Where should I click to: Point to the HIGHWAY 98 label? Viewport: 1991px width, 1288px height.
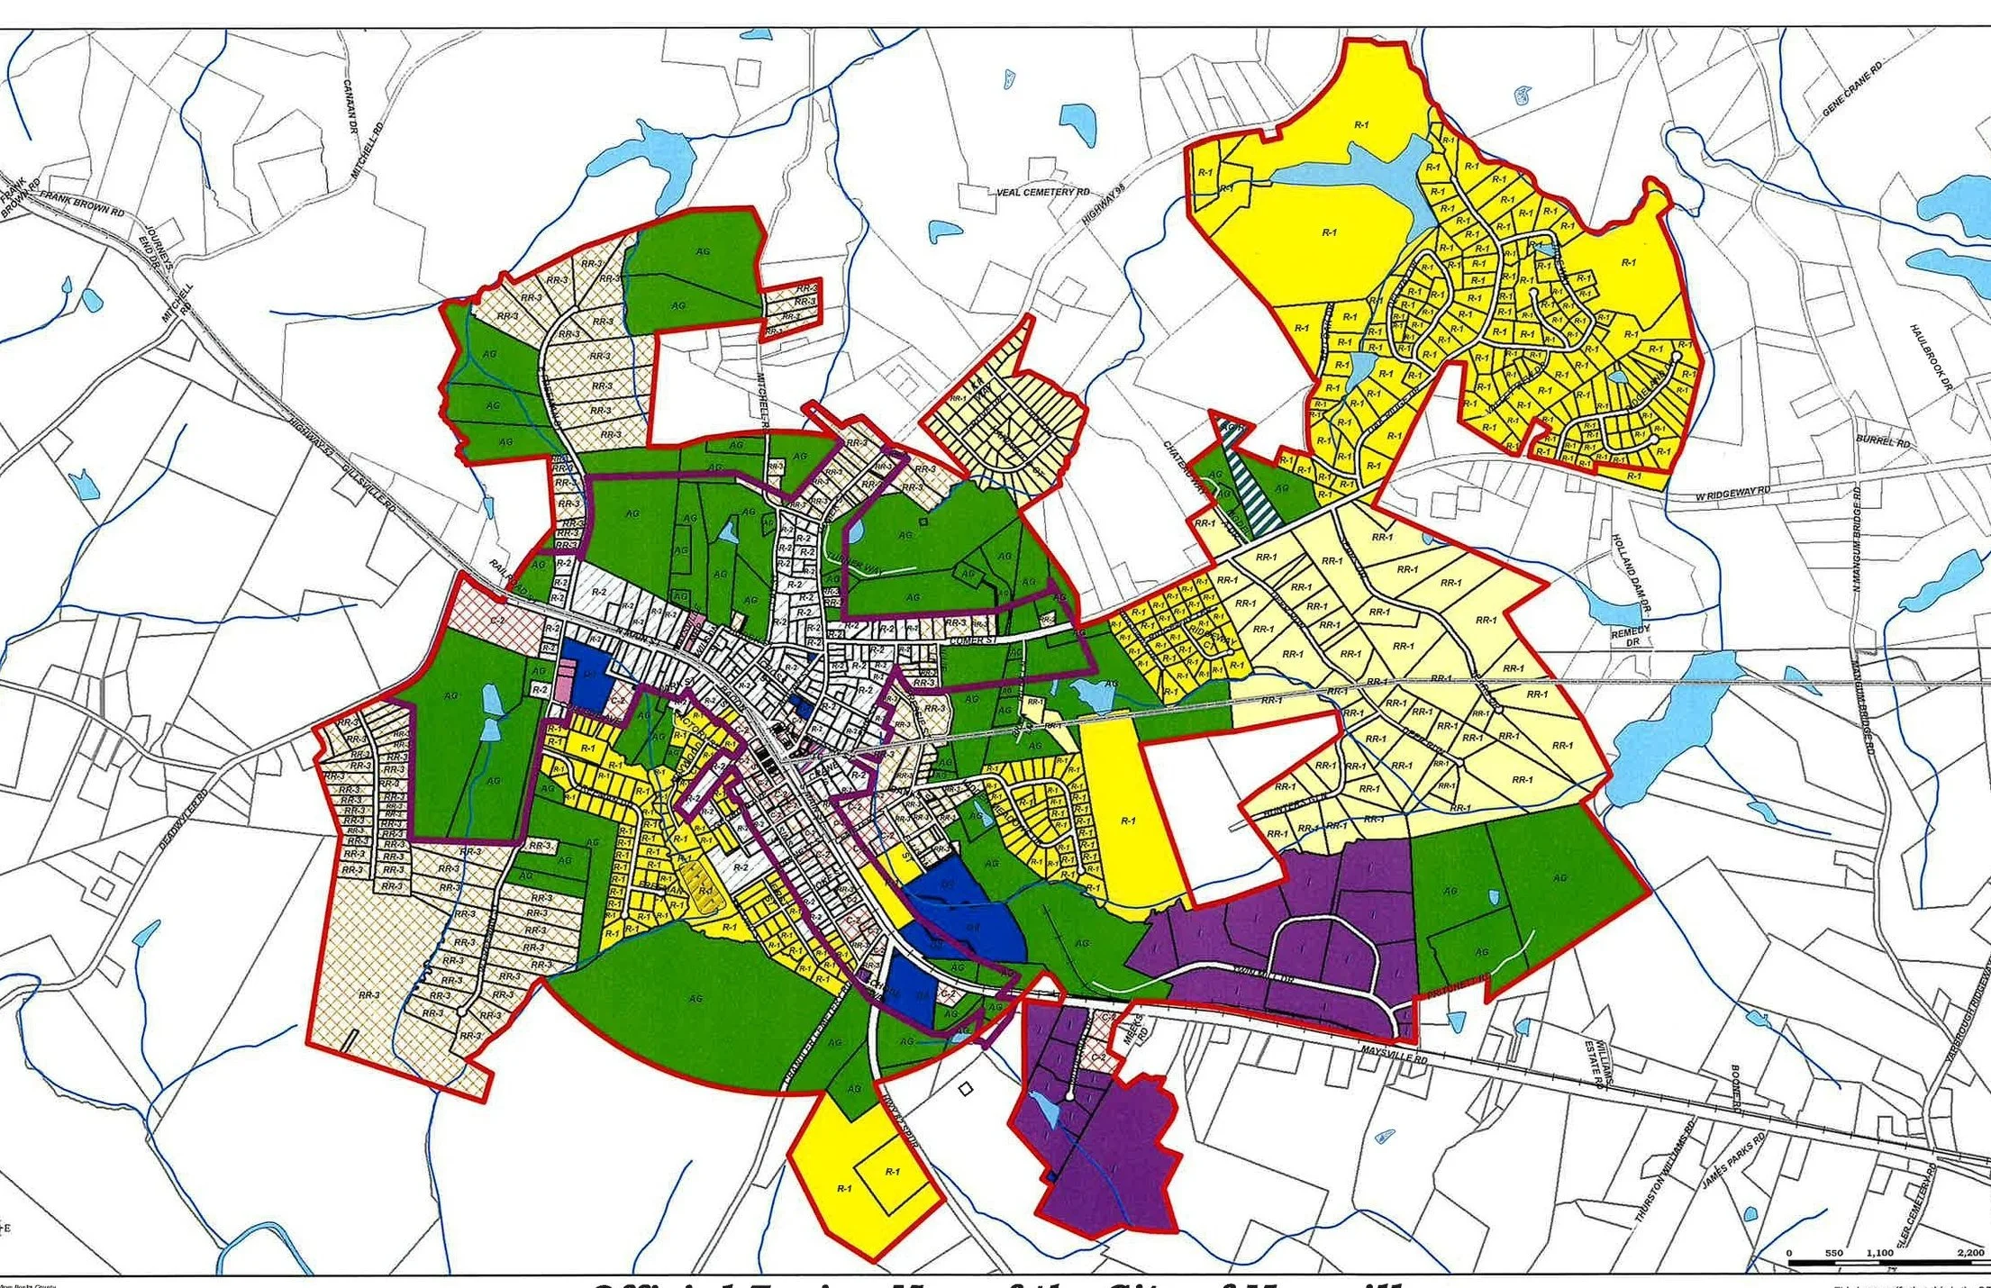pos(1104,204)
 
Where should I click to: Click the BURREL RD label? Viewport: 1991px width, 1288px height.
pos(1883,442)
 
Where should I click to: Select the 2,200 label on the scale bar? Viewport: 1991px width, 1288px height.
pos(1969,1253)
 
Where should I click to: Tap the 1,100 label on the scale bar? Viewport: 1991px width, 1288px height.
pos(1880,1253)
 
